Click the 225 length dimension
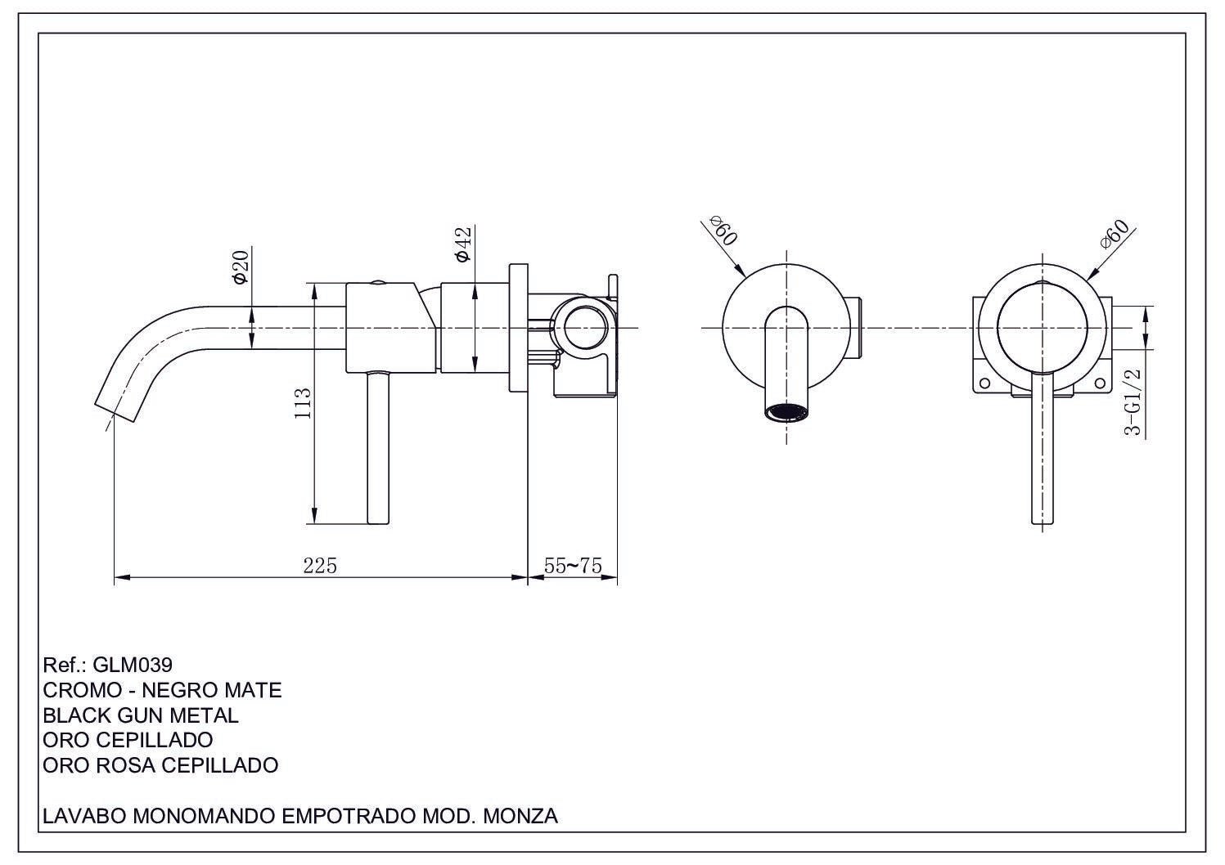point(320,566)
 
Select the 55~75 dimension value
point(573,566)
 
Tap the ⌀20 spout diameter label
point(241,267)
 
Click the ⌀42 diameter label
point(463,244)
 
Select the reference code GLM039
point(133,665)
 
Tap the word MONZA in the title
point(520,816)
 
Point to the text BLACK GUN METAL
point(140,715)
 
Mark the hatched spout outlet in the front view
point(787,412)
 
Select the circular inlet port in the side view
point(582,327)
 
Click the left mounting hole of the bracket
point(984,383)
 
